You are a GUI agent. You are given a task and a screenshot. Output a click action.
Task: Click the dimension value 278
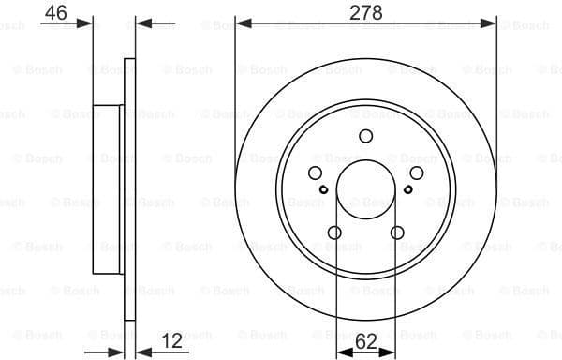point(365,13)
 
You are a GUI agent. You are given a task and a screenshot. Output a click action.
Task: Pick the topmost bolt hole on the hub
point(365,136)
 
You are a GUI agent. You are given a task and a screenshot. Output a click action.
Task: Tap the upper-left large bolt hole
point(315,172)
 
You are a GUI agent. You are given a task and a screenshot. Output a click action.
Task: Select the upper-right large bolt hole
point(415,172)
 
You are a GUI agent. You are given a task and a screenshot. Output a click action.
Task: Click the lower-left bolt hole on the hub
point(334,232)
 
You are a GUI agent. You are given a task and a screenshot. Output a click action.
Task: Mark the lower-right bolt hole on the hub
point(396,232)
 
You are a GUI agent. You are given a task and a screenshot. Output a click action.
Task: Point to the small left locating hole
point(323,190)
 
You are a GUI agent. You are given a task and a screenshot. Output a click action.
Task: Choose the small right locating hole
point(407,190)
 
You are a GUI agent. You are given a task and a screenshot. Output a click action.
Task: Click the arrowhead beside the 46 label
point(87,22)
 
